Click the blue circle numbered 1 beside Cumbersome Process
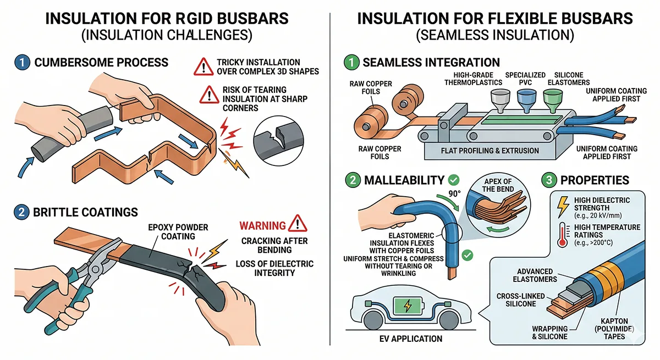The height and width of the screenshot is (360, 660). point(20,62)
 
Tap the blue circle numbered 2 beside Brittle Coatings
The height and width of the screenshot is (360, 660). point(20,212)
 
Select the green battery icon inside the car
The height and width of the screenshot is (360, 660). point(406,304)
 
